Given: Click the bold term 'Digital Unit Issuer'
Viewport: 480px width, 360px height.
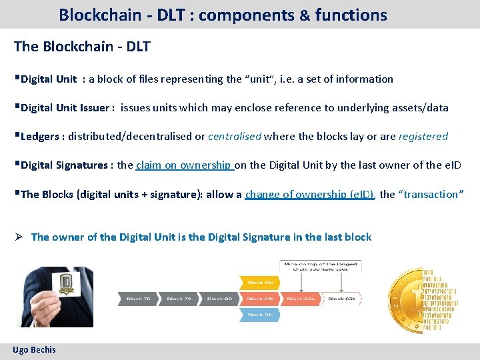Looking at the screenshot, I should [x=67, y=107].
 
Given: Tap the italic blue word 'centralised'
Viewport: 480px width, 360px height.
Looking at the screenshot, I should [x=235, y=136].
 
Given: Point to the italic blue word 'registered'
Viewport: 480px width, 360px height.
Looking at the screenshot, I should [x=423, y=136].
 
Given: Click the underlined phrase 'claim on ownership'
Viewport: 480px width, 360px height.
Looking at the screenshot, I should [x=185, y=165].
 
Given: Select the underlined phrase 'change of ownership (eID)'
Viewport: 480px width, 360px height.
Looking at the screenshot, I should [x=310, y=194].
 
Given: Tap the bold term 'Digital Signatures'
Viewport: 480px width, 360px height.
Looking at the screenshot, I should [x=66, y=165].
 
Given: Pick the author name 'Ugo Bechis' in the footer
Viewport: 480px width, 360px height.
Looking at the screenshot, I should [x=34, y=349].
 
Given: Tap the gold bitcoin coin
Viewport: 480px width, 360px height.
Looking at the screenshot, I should [x=417, y=300].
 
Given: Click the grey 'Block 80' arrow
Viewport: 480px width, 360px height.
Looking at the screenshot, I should [x=219, y=299].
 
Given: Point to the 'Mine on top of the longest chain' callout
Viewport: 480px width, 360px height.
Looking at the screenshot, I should [x=321, y=268].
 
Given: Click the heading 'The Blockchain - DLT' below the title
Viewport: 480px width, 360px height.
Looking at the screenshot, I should [x=82, y=46].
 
